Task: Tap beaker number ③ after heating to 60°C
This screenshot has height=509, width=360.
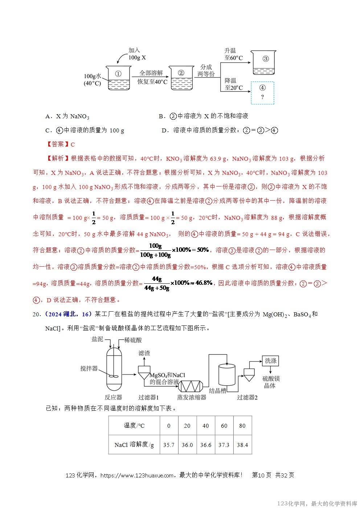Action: pos(265,63)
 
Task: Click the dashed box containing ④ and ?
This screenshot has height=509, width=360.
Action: pos(262,93)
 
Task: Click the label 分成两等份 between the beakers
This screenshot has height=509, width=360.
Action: pos(206,70)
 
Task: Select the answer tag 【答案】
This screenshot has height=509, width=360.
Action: pos(58,144)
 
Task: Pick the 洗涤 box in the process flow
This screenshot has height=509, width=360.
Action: pos(270,361)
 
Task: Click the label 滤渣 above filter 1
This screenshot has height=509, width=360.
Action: pos(144,353)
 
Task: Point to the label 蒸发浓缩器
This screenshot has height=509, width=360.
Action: pos(192,397)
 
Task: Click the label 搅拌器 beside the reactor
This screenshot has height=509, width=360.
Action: pos(89,368)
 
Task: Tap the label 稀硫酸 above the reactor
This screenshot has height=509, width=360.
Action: pos(133,340)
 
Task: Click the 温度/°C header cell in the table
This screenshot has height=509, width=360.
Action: pos(134,426)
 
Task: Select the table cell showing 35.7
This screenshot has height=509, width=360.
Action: pos(169,445)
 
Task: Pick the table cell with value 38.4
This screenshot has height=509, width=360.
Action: pos(242,445)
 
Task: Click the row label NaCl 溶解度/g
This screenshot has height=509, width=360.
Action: pos(134,445)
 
